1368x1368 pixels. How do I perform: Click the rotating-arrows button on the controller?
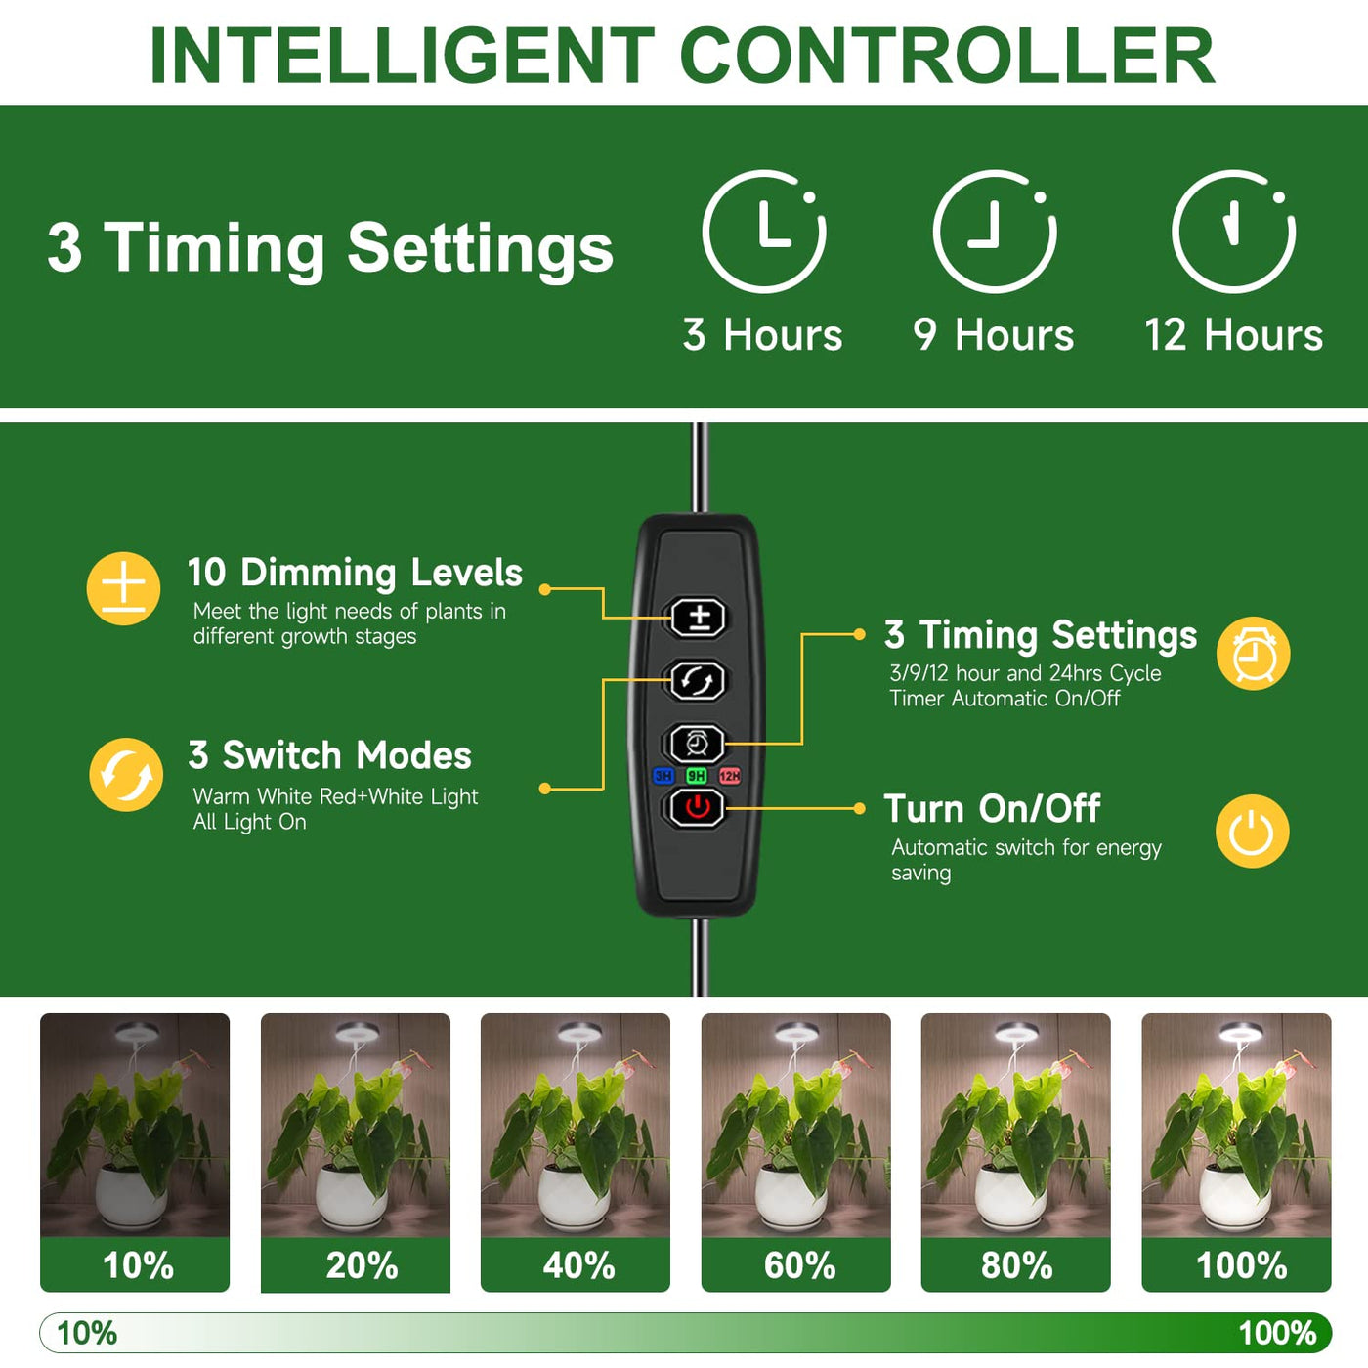[698, 680]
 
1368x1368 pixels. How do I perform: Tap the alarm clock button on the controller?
[698, 744]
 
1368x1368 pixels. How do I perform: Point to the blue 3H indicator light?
[663, 775]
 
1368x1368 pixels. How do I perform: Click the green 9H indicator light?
[697, 775]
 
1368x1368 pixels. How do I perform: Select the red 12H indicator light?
[730, 775]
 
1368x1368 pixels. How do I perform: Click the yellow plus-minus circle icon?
[123, 588]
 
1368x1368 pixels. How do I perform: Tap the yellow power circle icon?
[1253, 831]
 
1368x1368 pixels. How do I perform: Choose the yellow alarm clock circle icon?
[1253, 653]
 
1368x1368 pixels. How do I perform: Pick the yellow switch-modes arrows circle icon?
[126, 775]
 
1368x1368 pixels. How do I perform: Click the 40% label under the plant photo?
[577, 1264]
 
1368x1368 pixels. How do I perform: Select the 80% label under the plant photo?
[1016, 1264]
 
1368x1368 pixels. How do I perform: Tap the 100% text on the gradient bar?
[1277, 1333]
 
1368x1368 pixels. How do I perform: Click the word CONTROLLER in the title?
[948, 56]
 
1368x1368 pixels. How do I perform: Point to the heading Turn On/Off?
[992, 809]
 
